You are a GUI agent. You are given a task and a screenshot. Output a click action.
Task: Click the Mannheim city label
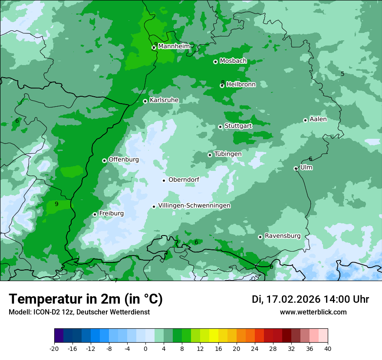point(174,46)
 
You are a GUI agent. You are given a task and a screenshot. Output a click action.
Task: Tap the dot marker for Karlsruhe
point(145,101)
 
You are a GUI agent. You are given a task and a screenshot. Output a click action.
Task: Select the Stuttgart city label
point(238,126)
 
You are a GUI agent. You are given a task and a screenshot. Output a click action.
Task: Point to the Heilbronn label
point(241,85)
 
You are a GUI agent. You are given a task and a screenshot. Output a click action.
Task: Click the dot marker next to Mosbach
point(215,62)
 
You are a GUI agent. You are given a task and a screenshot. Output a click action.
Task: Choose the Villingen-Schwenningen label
point(194,206)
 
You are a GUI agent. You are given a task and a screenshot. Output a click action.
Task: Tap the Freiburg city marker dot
point(95,214)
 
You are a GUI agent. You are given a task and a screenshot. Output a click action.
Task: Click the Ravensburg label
point(282,236)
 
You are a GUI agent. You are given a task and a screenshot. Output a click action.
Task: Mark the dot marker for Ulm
point(296,168)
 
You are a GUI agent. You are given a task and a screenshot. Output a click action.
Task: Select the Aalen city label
point(318,119)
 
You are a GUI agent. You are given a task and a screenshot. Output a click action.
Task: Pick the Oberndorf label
point(184,180)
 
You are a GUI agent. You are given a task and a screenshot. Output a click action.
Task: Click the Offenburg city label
point(124,160)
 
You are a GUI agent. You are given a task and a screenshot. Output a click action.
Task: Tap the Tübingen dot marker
point(210,155)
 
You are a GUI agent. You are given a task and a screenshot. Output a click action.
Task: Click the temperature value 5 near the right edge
point(342,74)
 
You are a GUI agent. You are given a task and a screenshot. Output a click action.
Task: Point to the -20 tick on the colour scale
point(54,348)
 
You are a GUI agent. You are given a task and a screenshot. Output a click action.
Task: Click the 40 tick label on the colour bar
point(328,348)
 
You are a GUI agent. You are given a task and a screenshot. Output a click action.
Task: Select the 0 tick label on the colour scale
point(145,348)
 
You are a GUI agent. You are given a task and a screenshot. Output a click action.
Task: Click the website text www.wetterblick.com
point(313,312)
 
